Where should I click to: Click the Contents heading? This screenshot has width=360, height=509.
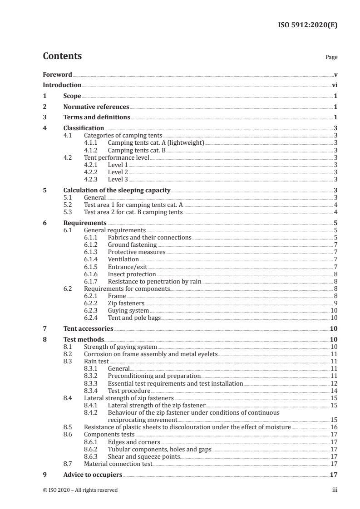pyautogui.click(x=62, y=56)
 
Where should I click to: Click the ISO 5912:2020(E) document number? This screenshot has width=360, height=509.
pyautogui.click(x=307, y=25)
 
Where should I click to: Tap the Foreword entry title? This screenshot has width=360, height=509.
pyautogui.click(x=57, y=74)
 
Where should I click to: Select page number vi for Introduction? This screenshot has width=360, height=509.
pyautogui.click(x=334, y=85)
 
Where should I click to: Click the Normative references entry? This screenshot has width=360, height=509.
pyautogui.click(x=96, y=107)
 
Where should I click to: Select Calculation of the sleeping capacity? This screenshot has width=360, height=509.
pyautogui.click(x=117, y=190)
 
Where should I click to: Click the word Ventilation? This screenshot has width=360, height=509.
pyautogui.click(x=123, y=259)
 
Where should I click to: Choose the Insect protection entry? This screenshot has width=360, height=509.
pyautogui.click(x=132, y=274)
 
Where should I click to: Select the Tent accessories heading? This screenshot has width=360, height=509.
pyautogui.click(x=88, y=328)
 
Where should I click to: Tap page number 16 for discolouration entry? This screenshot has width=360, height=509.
pyautogui.click(x=334, y=427)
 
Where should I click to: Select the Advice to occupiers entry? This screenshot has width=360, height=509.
pyautogui.click(x=93, y=475)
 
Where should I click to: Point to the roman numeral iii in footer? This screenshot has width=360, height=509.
pyautogui.click(x=334, y=490)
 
